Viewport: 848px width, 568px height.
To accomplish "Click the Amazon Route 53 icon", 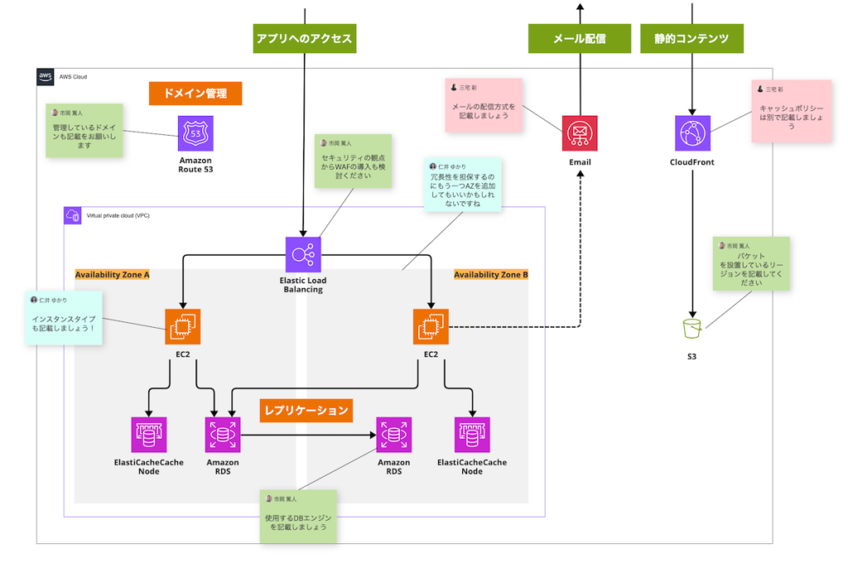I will coord(195,132).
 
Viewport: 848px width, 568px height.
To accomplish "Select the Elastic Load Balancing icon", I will coord(302,254).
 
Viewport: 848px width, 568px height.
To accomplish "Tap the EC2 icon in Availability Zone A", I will coord(182,326).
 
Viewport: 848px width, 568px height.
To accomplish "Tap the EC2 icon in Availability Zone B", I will coord(431,326).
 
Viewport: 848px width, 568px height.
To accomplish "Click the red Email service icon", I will coord(580,133).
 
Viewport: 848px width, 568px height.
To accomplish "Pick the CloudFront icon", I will coord(692,133).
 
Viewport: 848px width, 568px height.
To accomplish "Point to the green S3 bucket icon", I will coord(692,329).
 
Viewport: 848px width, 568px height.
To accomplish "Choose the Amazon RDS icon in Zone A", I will coord(223,435).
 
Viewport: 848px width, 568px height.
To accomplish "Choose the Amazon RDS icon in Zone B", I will coord(393,435).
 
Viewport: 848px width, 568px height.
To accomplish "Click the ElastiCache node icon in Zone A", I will coord(149,435).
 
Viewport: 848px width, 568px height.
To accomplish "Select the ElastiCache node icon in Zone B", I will coord(472,435).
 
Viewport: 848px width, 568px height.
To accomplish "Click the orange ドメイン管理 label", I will coord(195,93).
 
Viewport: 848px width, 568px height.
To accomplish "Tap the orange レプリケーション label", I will coord(306,408).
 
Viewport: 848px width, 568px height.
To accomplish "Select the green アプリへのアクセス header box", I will coord(305,38).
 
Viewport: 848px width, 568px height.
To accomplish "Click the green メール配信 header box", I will coord(579,38).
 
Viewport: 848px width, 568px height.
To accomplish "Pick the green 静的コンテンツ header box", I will coord(691,38).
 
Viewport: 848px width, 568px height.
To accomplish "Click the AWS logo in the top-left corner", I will coord(46,77).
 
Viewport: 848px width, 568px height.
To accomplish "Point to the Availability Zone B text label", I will coord(490,275).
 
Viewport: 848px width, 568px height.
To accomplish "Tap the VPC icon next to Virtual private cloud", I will coord(72,215).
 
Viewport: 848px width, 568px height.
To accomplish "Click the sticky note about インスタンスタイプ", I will coord(64,319).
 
